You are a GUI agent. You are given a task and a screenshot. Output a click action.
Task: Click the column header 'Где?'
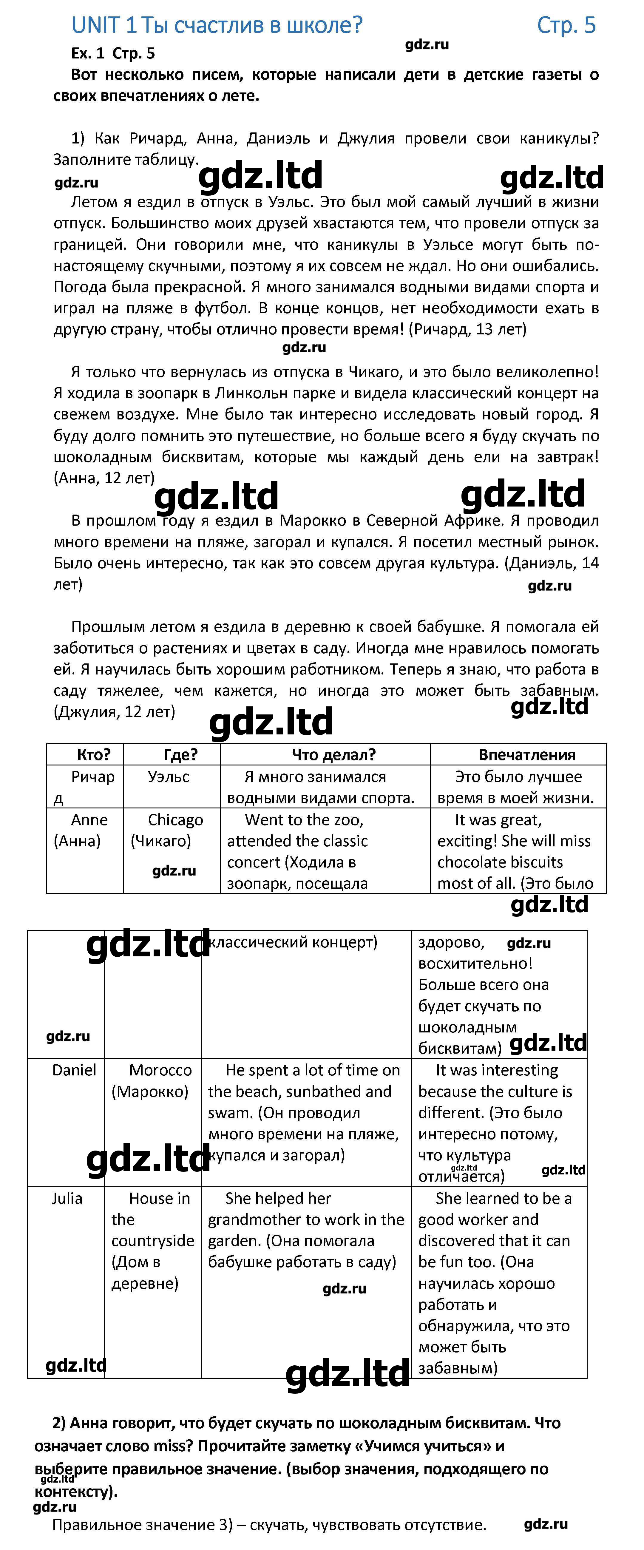pos(180,754)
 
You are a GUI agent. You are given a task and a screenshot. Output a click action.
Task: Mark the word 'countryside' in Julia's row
pos(153,1241)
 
